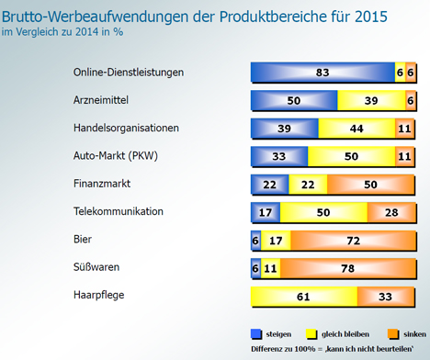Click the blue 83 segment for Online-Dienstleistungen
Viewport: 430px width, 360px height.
[322, 73]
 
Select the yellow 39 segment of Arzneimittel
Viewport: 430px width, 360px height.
[371, 100]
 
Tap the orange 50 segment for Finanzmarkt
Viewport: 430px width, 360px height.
[371, 185]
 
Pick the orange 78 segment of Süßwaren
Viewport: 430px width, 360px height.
[348, 268]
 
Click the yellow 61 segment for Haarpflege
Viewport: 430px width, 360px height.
[304, 297]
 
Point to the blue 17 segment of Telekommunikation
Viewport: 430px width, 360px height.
[266, 212]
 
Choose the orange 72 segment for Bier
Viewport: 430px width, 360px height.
[354, 241]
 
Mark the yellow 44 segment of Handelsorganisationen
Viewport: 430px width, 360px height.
[356, 129]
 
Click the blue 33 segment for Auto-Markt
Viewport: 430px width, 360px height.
[279, 156]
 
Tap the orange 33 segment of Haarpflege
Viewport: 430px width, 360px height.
[386, 297]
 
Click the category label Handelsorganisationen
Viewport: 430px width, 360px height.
[126, 128]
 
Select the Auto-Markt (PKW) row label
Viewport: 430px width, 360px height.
[116, 156]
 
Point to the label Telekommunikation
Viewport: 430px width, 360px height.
[119, 211]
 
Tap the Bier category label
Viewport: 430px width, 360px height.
[83, 239]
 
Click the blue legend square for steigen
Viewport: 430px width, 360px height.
[256, 334]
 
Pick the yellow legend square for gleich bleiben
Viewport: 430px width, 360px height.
[311, 334]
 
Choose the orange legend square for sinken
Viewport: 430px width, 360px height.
[393, 334]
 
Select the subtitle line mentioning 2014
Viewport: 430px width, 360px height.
[62, 32]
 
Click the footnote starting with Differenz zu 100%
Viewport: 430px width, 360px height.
[333, 349]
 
